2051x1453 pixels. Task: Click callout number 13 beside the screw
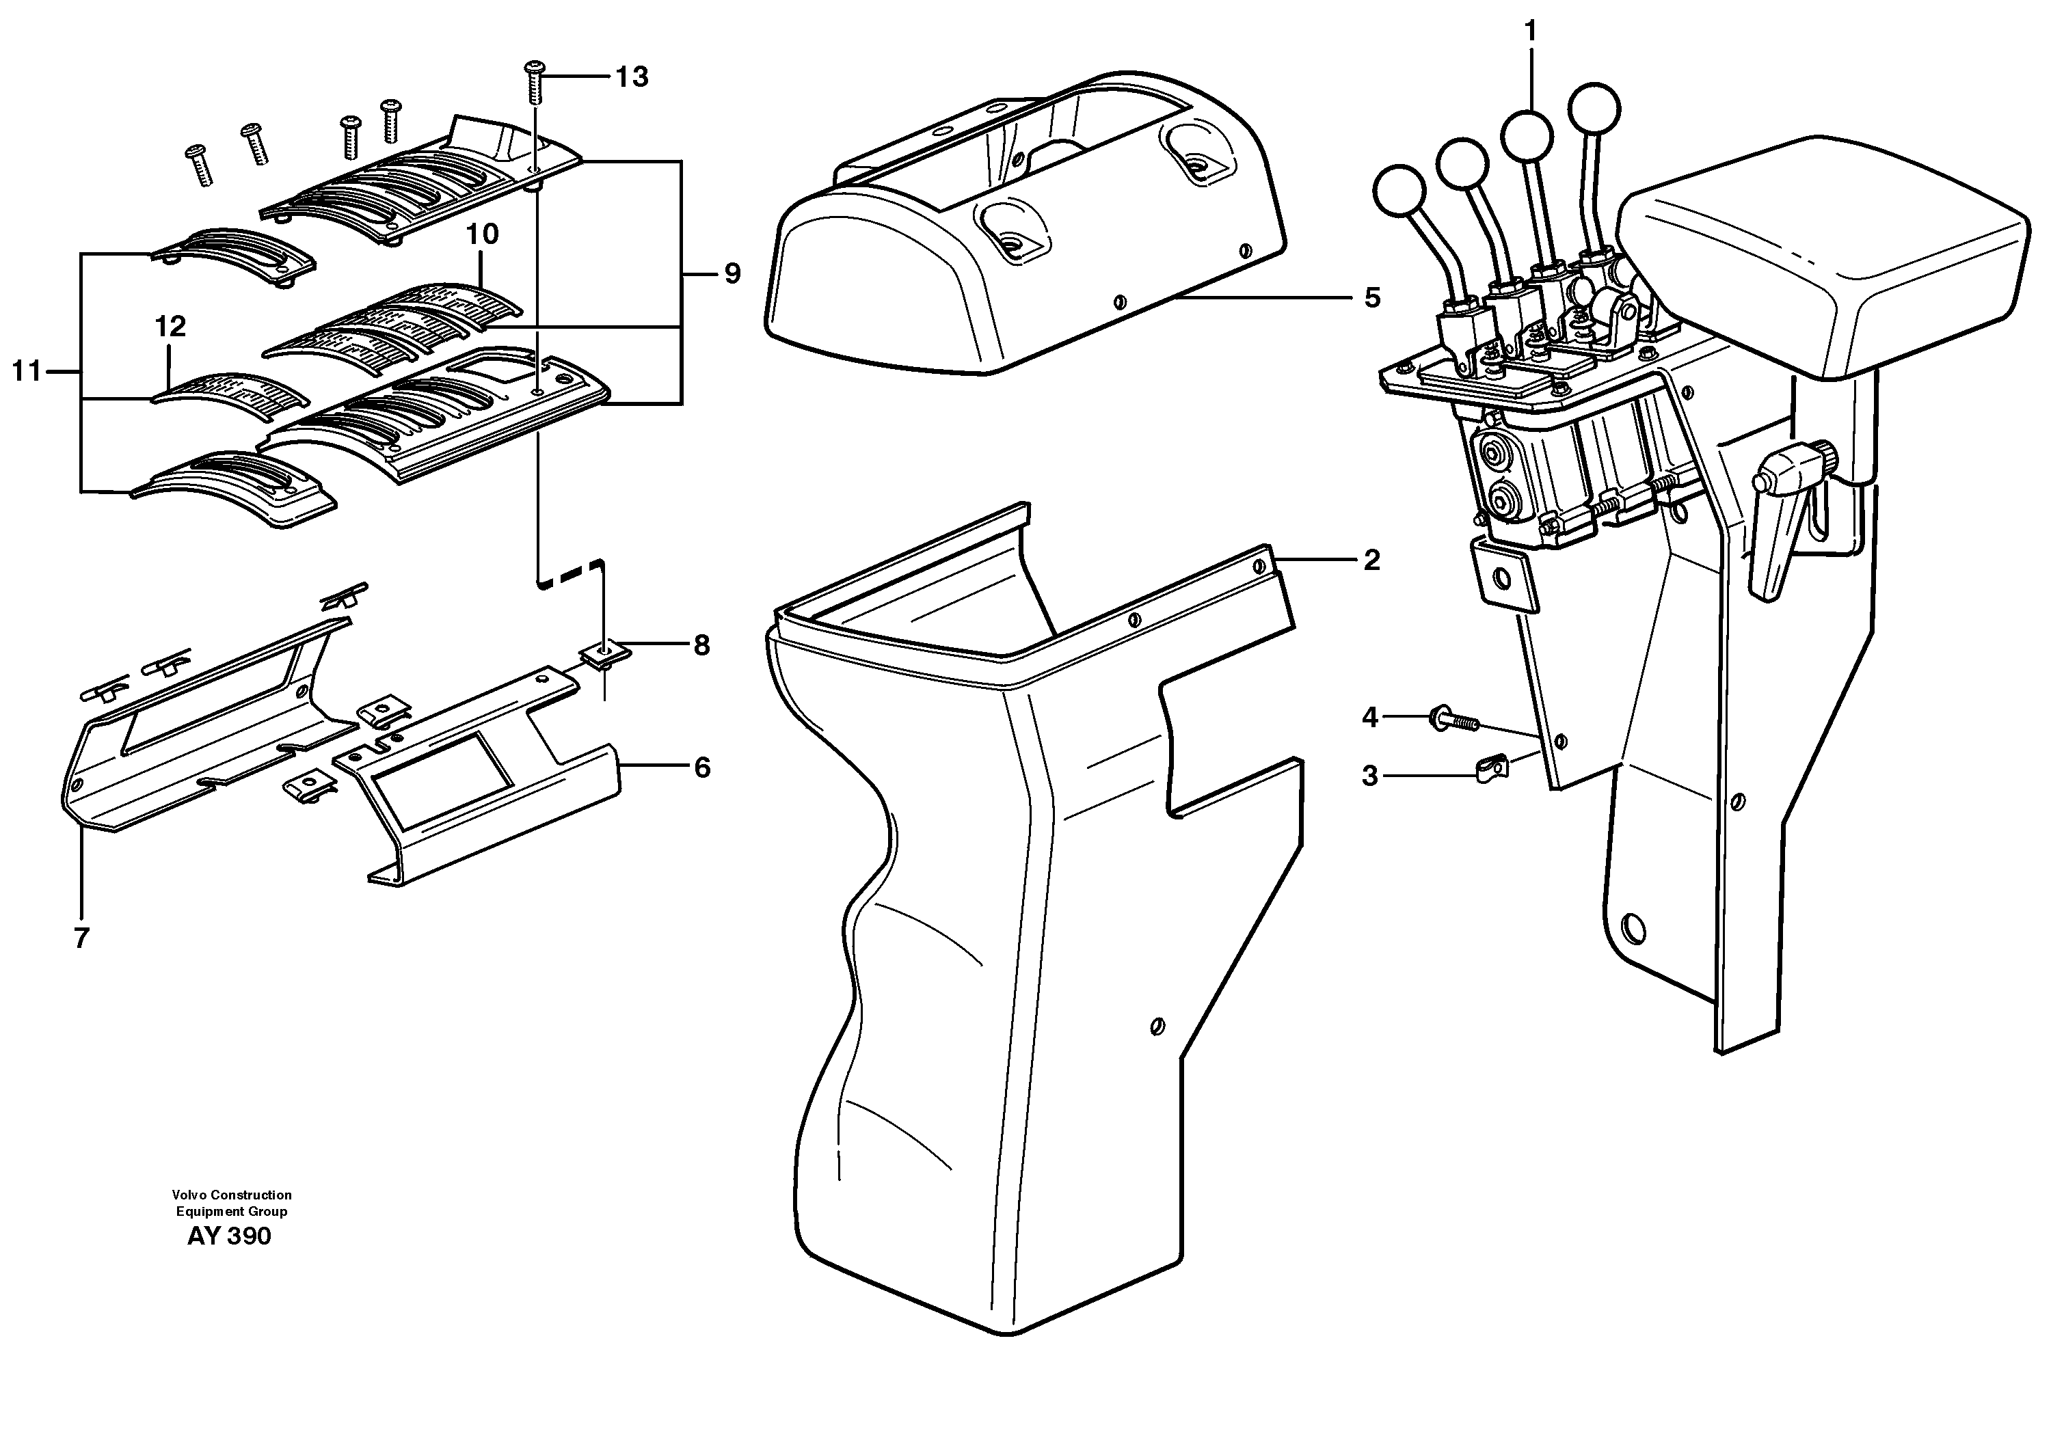[x=632, y=78]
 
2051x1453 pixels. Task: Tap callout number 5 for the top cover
[x=1372, y=298]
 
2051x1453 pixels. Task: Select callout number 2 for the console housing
[x=1371, y=561]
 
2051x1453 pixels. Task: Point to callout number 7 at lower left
[x=81, y=938]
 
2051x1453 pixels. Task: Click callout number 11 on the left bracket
[x=27, y=370]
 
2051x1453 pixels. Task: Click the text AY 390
[x=229, y=1236]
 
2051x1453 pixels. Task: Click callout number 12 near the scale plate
[x=170, y=327]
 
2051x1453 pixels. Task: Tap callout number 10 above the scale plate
[x=482, y=234]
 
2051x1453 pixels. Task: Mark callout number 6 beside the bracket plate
[x=702, y=768]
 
